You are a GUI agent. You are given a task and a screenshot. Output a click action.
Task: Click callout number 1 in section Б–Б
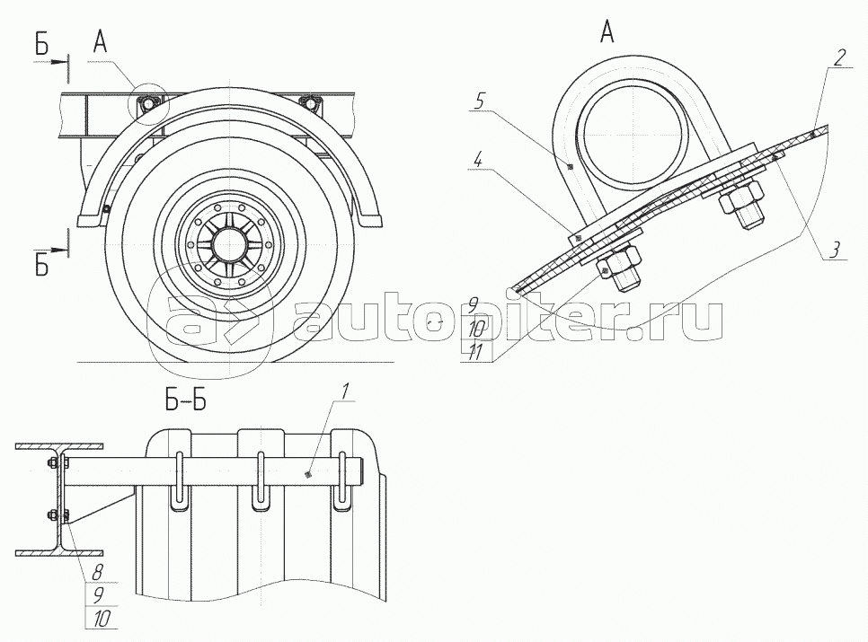(x=344, y=392)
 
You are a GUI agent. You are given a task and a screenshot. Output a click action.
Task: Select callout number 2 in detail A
(x=840, y=57)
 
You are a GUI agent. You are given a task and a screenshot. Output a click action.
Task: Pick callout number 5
(x=481, y=101)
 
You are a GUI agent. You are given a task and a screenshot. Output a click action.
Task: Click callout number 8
(x=97, y=573)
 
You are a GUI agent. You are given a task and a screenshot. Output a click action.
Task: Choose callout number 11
(x=475, y=352)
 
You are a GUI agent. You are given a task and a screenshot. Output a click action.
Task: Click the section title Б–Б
(x=185, y=400)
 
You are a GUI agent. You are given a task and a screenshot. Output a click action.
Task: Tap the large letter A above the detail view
(x=607, y=32)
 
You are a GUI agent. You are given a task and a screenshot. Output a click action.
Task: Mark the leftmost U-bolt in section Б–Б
(x=178, y=480)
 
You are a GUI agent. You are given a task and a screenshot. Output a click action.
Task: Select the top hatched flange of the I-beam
(x=59, y=446)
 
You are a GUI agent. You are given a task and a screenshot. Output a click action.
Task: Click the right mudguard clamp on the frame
(x=312, y=102)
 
